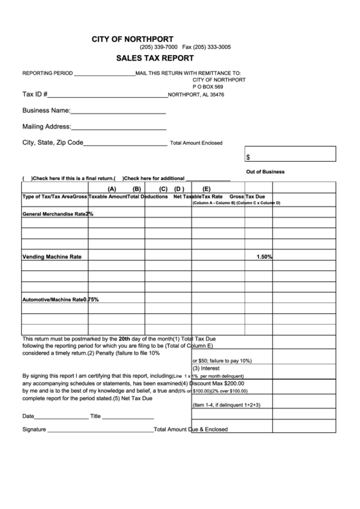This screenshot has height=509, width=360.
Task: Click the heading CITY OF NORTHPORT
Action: coord(132,39)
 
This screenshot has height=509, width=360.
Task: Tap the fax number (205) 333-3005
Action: coord(206,48)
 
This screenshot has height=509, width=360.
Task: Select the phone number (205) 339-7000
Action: coord(158,48)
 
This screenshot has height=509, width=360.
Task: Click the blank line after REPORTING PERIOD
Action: coord(104,74)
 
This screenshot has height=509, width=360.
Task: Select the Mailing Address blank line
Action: coord(119,128)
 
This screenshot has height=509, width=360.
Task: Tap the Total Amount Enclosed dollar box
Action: coord(290,155)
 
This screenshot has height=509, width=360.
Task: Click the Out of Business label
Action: coord(265,172)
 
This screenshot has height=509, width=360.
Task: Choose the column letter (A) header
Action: coord(111,189)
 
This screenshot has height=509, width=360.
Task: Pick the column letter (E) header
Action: coord(206,189)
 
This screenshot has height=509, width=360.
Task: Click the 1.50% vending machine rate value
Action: coord(264,257)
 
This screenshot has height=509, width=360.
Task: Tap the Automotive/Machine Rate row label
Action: coord(53,300)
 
